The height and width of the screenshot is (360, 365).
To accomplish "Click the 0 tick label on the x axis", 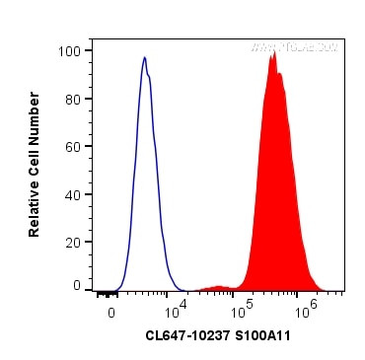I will click(x=111, y=310).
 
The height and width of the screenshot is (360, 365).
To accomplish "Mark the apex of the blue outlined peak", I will click(x=144, y=57).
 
